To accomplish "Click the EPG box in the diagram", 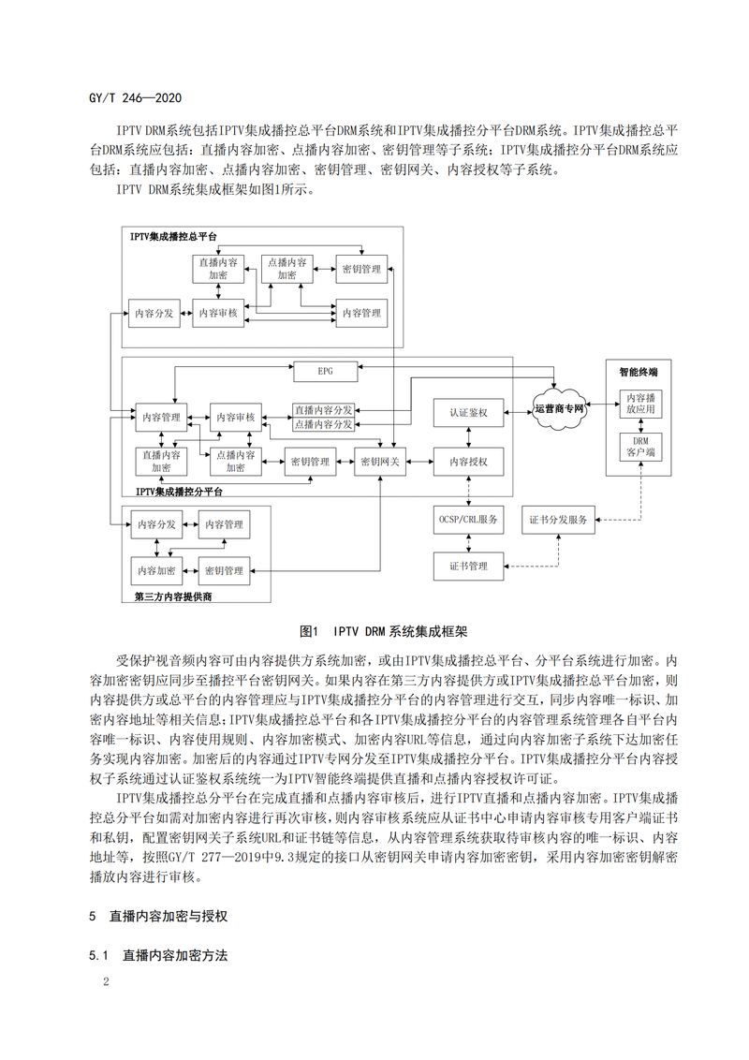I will pos(324,372).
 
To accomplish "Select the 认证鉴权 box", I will pos(467,412).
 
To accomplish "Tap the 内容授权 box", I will pos(467,461).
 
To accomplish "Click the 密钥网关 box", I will pos(378,461).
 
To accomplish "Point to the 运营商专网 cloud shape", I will pos(559,410).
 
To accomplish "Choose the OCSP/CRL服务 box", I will pos(467,520).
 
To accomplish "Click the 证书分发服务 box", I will pos(558,520).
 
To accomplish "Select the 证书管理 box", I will pos(467,566).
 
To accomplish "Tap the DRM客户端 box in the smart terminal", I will pos(641,446).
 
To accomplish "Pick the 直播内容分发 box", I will pos(323,410).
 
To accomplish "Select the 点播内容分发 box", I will pos(323,424).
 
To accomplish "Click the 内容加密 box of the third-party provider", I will pos(156,569).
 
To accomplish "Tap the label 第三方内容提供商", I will pos(173,596).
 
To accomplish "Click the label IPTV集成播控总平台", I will pos(173,238).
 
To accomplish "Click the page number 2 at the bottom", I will pos(107,983).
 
